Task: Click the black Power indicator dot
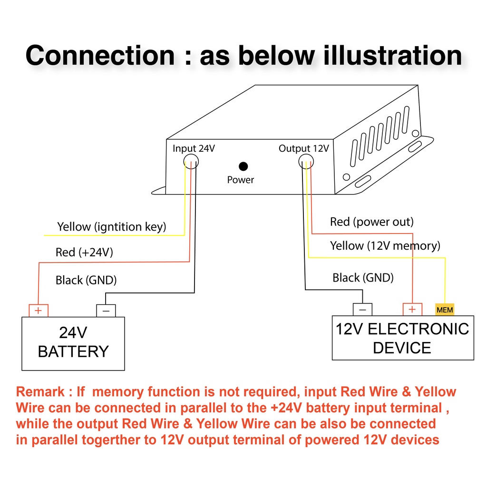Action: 243,166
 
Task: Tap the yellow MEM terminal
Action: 445,310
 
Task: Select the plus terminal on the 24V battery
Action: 39,311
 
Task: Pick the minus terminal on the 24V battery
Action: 106,311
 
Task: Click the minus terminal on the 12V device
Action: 362,309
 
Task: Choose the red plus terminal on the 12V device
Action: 412,309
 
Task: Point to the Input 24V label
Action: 194,148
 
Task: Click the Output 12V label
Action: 303,148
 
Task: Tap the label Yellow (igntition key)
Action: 112,227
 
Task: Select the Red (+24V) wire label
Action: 84,252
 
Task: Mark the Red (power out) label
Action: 371,222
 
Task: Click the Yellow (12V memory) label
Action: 385,246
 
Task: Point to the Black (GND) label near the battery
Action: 86,280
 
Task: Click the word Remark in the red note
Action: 40,392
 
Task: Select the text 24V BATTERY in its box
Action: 73,342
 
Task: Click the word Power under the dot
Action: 241,180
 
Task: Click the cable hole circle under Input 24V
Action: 191,162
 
